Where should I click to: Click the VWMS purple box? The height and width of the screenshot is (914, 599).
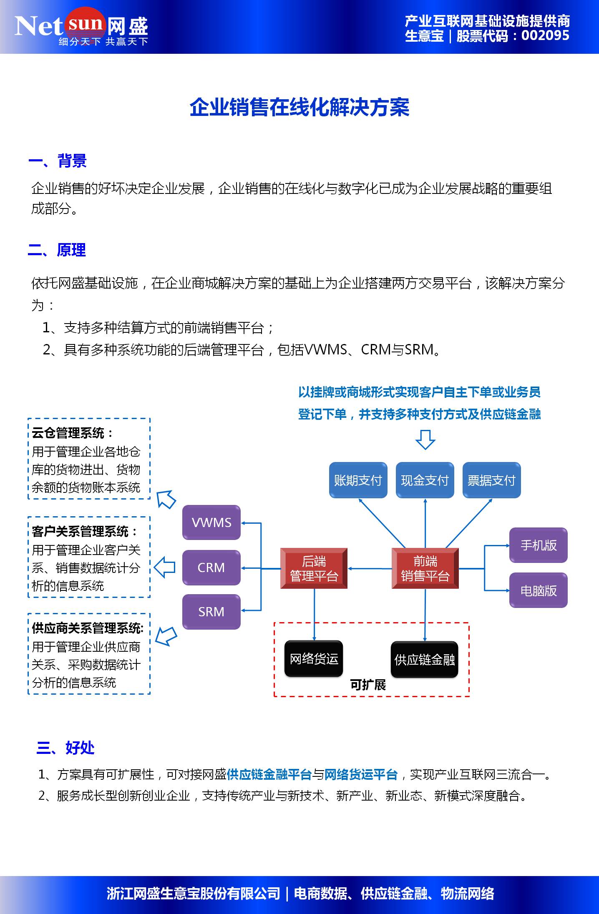[211, 522]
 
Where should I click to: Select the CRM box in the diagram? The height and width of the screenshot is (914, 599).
[211, 567]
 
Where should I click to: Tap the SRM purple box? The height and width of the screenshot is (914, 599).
[211, 612]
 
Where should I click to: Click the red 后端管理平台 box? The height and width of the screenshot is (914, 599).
[314, 568]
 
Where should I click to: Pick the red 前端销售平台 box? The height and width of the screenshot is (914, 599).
[425, 568]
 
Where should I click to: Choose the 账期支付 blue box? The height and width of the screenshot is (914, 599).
[358, 480]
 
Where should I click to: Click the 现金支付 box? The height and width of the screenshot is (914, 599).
[425, 480]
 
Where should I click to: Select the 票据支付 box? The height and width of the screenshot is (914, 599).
[491, 480]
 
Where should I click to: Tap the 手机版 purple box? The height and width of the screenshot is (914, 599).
[538, 545]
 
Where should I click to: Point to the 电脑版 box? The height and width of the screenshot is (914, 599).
[538, 590]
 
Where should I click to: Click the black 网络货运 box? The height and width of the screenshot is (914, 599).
[314, 659]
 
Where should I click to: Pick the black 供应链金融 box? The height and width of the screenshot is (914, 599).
[424, 660]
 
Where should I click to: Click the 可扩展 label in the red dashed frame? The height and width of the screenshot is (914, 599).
[367, 685]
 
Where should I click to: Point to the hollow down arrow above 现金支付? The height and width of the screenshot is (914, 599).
[425, 439]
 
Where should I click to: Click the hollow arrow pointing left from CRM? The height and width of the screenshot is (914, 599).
[165, 567]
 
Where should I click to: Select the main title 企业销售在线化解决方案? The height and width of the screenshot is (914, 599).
[299, 108]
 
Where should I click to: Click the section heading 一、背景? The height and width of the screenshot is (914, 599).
[58, 161]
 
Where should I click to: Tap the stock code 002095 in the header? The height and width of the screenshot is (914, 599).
[545, 36]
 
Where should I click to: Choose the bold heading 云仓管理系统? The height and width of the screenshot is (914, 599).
[68, 433]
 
